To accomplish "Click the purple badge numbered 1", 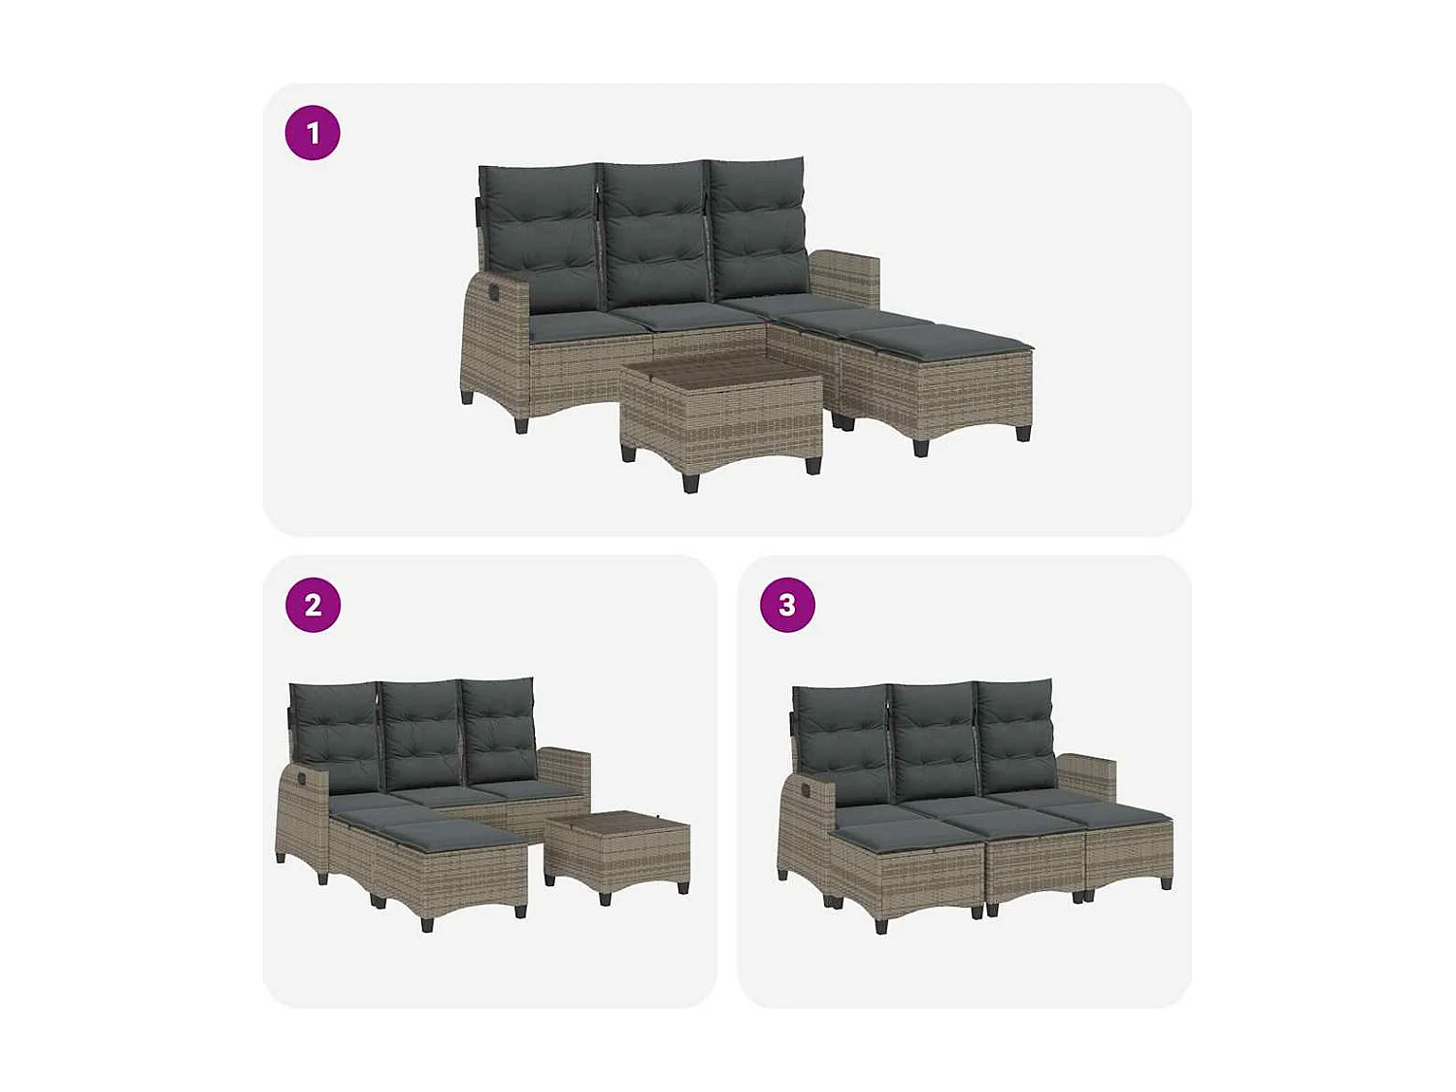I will click(x=313, y=133).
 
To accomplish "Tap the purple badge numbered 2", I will click(x=313, y=605).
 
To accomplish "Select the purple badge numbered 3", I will click(x=787, y=605).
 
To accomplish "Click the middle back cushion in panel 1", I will click(x=654, y=233).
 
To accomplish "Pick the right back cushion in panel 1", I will click(x=759, y=228).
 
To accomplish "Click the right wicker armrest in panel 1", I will click(x=844, y=278).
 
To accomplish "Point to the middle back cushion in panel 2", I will click(x=420, y=733).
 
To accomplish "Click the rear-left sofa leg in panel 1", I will click(x=468, y=395).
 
